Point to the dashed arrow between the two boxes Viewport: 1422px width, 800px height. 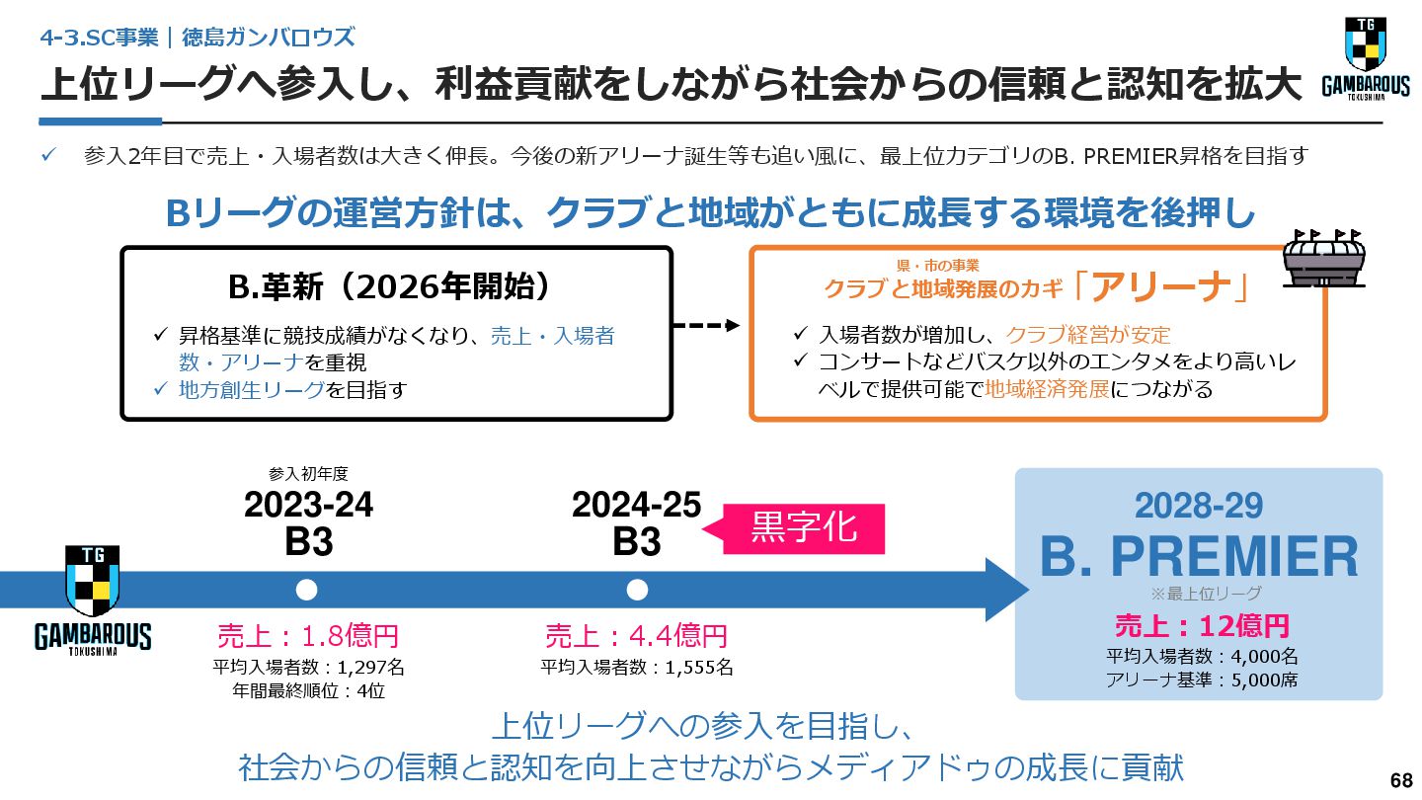705,326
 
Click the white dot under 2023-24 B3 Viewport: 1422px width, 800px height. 307,591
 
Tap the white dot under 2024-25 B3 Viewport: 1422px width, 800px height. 637,591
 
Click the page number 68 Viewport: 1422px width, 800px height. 1400,780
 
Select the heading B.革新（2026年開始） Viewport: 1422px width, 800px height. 390,287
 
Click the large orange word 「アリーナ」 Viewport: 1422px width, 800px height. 1162,286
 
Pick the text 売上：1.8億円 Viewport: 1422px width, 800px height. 308,635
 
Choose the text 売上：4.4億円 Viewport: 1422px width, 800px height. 636,635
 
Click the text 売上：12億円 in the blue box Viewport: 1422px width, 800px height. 1202,625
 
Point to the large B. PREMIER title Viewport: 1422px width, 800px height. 1199,557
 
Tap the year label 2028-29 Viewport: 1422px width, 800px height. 1199,506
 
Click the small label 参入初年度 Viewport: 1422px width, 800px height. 308,473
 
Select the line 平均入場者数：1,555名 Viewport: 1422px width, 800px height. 637,667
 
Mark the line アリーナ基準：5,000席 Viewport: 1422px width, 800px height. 1202,679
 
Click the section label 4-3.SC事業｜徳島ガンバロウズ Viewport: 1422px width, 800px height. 197,38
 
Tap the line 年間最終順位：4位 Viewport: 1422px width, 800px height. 308,690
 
